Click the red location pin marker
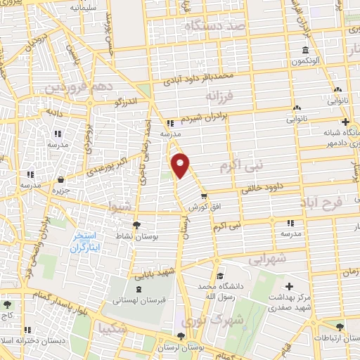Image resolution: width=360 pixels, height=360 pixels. pos(181,165)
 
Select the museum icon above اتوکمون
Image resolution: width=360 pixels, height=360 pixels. pos(305,51)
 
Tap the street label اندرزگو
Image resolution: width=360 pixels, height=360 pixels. pos(128,103)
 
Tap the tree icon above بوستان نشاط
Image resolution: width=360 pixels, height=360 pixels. pos(136,225)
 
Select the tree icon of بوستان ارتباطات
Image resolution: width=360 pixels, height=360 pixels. pos(340,327)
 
